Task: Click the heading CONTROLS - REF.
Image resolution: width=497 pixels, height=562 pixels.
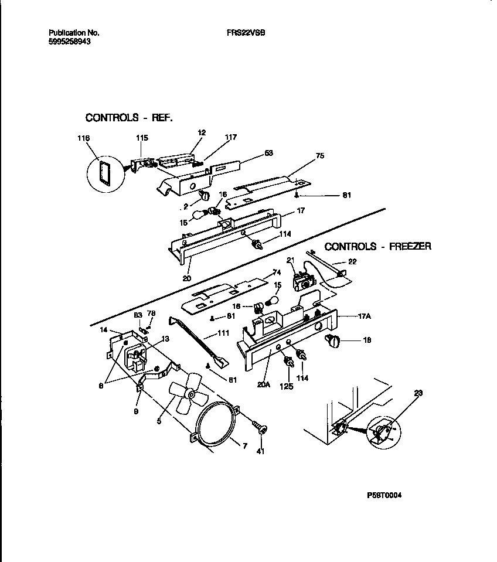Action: tap(129, 118)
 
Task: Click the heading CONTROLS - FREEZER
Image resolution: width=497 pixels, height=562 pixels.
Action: tap(378, 246)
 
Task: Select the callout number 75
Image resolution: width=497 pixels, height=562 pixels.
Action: tap(319, 156)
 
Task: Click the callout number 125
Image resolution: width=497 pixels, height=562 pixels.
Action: tap(288, 385)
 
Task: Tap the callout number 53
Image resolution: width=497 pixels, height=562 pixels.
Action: tap(269, 153)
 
